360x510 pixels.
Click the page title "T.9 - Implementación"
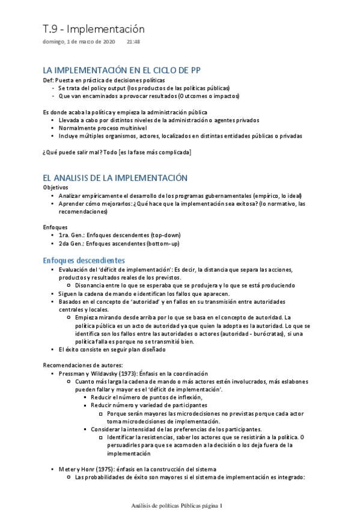click(x=94, y=29)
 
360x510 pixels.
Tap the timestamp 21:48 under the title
click(x=133, y=42)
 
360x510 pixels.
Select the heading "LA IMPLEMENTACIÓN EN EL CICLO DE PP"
click(x=122, y=70)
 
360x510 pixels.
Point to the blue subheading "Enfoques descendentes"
click(x=84, y=260)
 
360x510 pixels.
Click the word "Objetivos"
click(x=55, y=188)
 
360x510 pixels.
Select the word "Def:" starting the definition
click(x=48, y=80)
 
